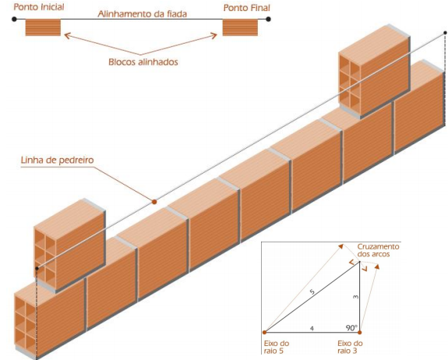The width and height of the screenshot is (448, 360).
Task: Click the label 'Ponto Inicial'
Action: pos(39,7)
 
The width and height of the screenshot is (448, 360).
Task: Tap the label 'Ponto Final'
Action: pos(246,8)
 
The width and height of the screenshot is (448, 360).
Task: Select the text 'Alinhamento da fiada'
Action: pos(143,14)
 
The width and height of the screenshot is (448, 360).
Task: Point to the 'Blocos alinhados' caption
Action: pos(143,62)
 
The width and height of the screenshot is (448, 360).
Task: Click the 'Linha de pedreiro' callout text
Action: pos(57,160)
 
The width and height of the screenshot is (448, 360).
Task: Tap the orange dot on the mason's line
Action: pos(154,202)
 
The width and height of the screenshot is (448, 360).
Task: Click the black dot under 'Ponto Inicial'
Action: pos(14,19)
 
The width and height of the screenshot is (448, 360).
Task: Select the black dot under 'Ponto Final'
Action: pos(268,19)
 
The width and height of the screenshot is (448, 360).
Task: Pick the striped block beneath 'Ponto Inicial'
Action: pos(43,27)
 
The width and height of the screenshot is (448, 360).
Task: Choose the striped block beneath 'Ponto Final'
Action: pos(240,27)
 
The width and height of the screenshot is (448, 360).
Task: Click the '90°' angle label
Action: pos(351,328)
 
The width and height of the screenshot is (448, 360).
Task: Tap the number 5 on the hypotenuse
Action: pos(312,291)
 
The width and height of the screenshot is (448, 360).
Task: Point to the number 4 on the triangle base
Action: pos(312,329)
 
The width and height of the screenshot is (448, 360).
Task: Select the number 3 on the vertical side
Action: pos(355,297)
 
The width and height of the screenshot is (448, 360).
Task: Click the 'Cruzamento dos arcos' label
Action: pos(378,250)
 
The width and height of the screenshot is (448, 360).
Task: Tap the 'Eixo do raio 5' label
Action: pos(277,347)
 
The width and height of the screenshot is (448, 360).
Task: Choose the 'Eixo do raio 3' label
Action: pos(350,347)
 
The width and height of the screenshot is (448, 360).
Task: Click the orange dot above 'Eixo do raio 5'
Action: pos(265,332)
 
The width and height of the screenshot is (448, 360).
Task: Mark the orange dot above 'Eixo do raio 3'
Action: pos(360,332)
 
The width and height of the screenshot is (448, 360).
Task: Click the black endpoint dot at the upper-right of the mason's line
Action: pos(445,34)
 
